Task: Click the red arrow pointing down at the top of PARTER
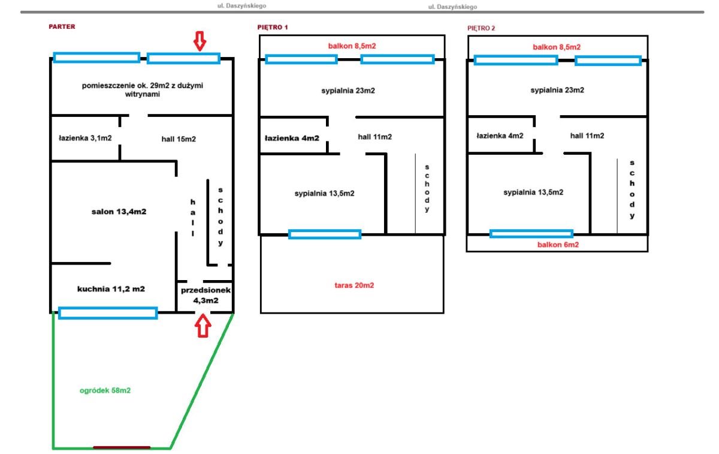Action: pyautogui.click(x=200, y=41)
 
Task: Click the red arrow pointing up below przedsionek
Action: pyautogui.click(x=203, y=326)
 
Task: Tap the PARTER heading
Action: pyautogui.click(x=62, y=26)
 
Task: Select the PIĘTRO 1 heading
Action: pyautogui.click(x=273, y=28)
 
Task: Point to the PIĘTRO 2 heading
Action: pyautogui.click(x=481, y=28)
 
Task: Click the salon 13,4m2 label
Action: pyautogui.click(x=119, y=212)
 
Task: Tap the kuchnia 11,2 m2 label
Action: pyautogui.click(x=111, y=289)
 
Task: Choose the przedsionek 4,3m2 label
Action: pyautogui.click(x=206, y=295)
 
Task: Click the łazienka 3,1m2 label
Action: pyautogui.click(x=85, y=138)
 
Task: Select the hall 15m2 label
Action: pyautogui.click(x=179, y=139)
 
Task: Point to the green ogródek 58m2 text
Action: pyautogui.click(x=105, y=390)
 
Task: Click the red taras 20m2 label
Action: pyautogui.click(x=354, y=285)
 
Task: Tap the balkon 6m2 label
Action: pyautogui.click(x=558, y=245)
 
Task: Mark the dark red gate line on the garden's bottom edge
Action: pyautogui.click(x=122, y=447)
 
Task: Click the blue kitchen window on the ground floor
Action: pyautogui.click(x=108, y=313)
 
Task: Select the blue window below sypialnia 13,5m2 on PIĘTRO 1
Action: pyautogui.click(x=325, y=234)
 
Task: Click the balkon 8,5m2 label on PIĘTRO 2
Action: pyautogui.click(x=557, y=47)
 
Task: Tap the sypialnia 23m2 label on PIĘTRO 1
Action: pyautogui.click(x=348, y=91)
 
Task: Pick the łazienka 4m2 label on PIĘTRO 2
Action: pyautogui.click(x=500, y=136)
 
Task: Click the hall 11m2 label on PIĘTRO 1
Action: pyautogui.click(x=375, y=137)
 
